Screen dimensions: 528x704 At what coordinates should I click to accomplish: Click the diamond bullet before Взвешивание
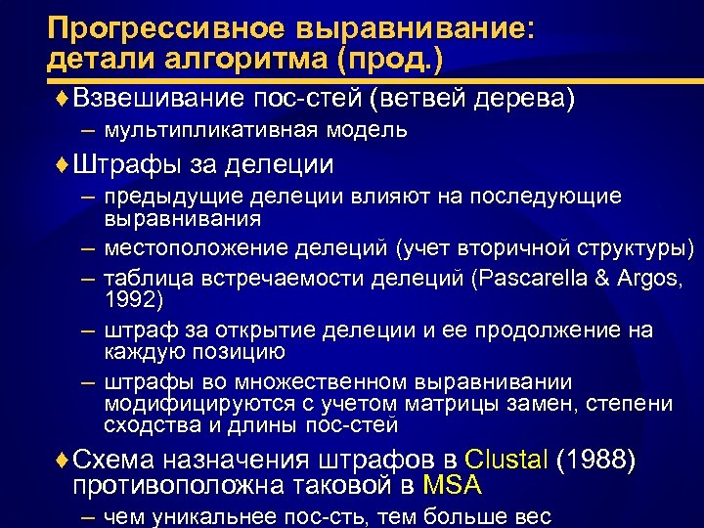(64, 99)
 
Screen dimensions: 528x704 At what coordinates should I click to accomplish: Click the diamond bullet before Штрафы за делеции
(64, 163)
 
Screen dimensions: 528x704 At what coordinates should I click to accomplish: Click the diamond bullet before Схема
(64, 460)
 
